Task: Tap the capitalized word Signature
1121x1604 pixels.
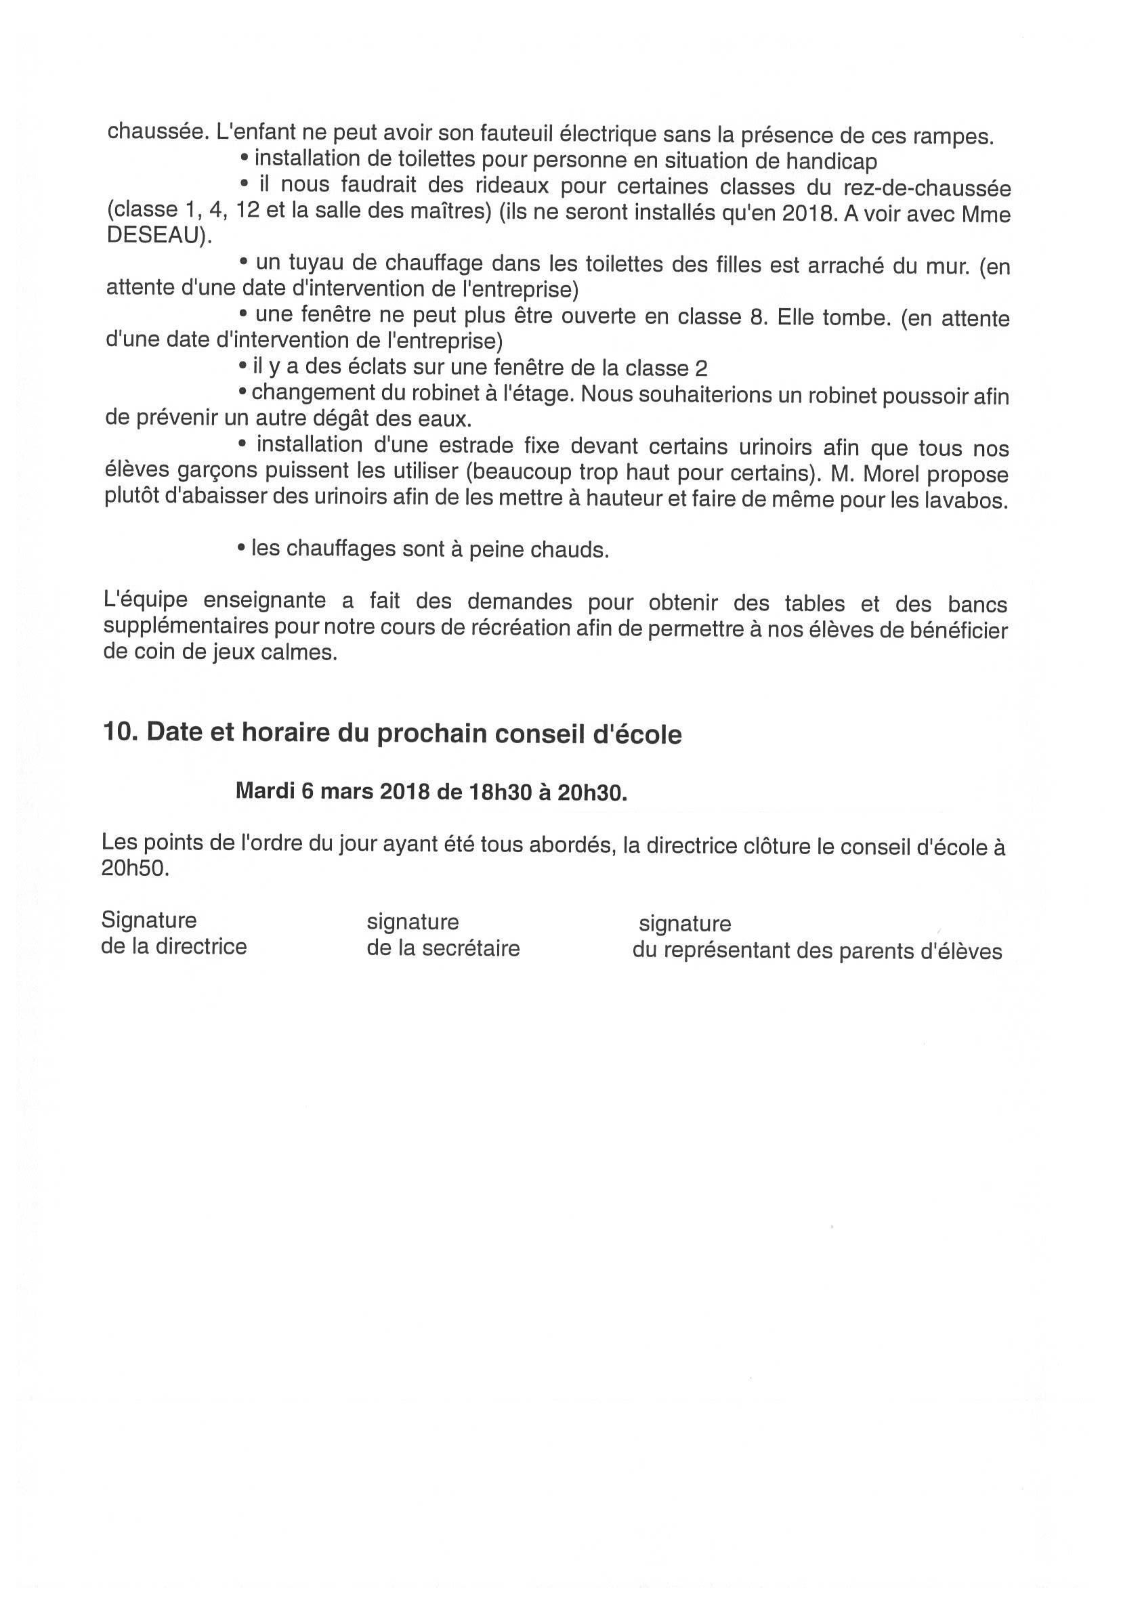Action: (149, 919)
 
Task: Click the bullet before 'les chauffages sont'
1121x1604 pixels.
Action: (241, 549)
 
